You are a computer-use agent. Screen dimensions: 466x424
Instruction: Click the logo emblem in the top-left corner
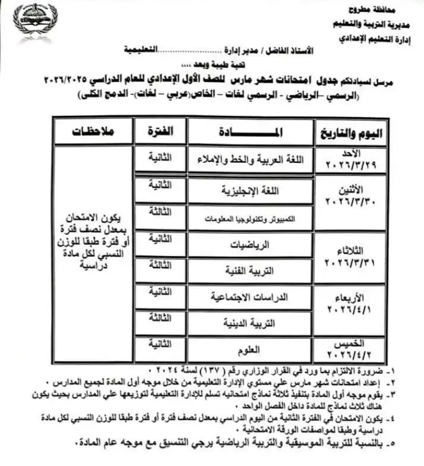click(x=36, y=23)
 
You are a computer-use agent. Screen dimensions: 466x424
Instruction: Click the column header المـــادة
click(x=250, y=132)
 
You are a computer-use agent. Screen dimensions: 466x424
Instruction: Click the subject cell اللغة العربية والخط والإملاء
click(x=251, y=160)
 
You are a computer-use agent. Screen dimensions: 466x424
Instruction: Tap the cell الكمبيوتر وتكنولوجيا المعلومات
click(x=251, y=218)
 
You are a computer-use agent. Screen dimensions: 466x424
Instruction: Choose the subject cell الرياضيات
click(x=251, y=245)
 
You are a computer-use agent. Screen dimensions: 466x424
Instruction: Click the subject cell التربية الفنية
click(x=251, y=271)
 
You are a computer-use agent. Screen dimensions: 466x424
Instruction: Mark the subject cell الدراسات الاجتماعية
click(x=251, y=296)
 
